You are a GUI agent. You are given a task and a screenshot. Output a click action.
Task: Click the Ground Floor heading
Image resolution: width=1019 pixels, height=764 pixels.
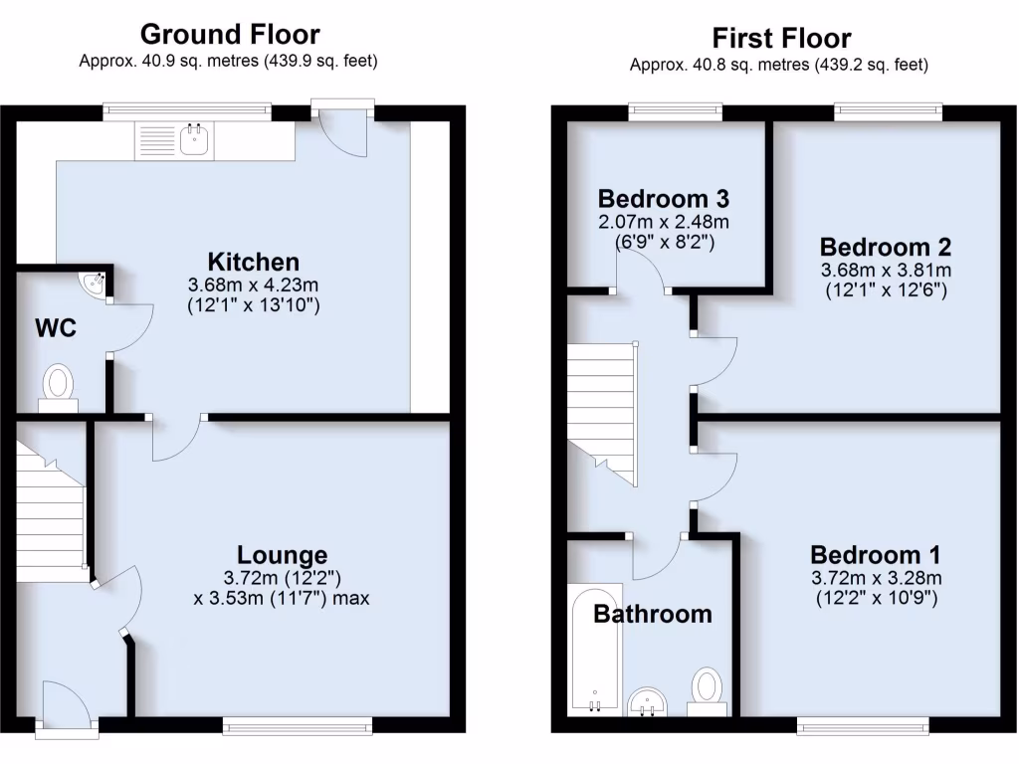tap(230, 34)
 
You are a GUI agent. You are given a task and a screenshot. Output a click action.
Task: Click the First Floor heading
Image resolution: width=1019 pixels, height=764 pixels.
tap(781, 38)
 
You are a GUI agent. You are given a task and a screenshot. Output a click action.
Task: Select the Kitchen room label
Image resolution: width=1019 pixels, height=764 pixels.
tap(253, 263)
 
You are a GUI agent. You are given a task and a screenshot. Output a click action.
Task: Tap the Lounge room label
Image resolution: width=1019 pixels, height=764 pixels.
tap(282, 555)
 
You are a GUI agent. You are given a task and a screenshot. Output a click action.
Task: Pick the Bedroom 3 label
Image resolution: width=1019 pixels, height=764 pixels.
tap(664, 195)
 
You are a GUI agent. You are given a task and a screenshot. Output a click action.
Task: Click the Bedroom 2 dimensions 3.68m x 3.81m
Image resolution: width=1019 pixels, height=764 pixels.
tap(886, 271)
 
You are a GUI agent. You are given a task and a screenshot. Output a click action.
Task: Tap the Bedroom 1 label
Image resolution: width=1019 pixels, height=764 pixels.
tap(876, 555)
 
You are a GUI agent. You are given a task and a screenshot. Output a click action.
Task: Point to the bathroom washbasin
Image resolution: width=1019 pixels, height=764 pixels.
tap(652, 700)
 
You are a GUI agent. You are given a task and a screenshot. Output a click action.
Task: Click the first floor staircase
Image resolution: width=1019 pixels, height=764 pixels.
tap(601, 408)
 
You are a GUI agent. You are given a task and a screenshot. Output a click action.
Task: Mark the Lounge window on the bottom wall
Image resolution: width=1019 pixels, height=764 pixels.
tap(298, 726)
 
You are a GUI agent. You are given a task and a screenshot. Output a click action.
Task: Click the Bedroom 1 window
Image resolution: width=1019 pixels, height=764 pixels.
tap(862, 725)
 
